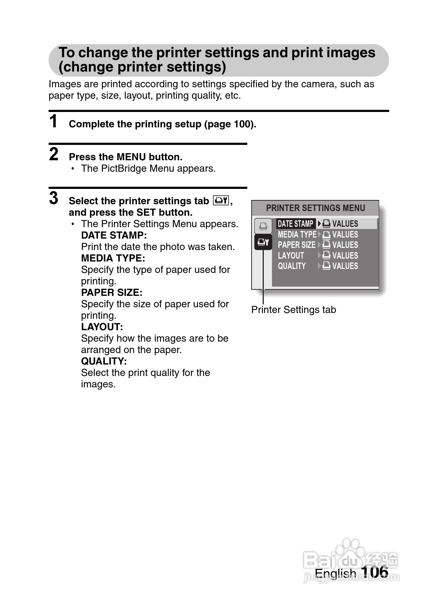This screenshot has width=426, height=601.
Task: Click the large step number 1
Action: (x=53, y=121)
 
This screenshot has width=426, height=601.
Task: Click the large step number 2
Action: (x=54, y=154)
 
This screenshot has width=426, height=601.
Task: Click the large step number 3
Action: (x=54, y=198)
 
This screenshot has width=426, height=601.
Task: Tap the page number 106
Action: (x=375, y=572)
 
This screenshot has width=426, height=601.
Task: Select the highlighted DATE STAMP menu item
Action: (x=296, y=224)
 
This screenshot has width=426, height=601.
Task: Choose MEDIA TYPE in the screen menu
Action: (x=297, y=235)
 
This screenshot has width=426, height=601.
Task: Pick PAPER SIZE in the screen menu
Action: (x=297, y=245)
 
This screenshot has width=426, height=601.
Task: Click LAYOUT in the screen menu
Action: (x=291, y=256)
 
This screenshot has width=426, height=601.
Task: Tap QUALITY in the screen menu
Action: (x=292, y=266)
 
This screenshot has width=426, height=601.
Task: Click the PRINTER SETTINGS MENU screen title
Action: (x=315, y=208)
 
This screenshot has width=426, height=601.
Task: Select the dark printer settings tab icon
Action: (x=263, y=242)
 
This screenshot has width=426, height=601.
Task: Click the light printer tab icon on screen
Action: (x=263, y=226)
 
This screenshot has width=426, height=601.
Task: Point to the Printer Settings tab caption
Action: (x=293, y=310)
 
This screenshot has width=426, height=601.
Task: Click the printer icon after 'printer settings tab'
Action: (x=221, y=200)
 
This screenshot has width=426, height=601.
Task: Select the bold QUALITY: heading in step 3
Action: (x=104, y=361)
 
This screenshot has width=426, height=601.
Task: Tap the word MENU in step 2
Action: (x=131, y=157)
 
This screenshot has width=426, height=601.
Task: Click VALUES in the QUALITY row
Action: (x=345, y=266)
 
